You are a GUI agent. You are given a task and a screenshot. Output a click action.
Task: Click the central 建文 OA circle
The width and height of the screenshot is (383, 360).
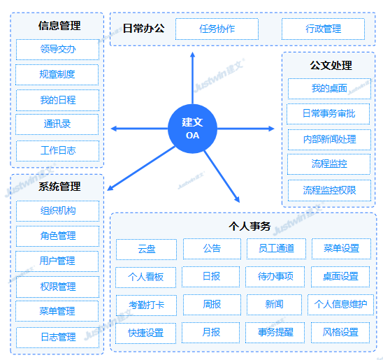pos(192,129)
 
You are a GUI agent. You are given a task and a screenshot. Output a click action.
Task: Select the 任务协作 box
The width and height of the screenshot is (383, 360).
pos(217,29)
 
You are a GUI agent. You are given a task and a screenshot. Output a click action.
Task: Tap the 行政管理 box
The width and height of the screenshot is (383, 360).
pos(323,29)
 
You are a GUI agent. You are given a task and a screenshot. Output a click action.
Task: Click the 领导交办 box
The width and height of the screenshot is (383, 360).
pos(57,50)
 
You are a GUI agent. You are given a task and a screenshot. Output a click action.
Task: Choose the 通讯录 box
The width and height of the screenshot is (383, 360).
pos(57,124)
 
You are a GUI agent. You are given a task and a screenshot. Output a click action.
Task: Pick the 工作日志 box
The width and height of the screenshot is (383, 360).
pos(57,151)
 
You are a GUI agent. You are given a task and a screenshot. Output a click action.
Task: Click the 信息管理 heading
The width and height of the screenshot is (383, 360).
pos(59,26)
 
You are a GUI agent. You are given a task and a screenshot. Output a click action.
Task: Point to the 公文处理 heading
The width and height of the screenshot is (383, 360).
pos(331,66)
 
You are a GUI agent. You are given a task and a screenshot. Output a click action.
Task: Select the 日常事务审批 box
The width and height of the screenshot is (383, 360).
pos(328,114)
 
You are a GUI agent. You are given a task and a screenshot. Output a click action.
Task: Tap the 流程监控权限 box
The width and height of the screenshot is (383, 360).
pos(329,191)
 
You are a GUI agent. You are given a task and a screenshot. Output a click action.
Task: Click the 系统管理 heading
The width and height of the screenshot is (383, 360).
pos(59,187)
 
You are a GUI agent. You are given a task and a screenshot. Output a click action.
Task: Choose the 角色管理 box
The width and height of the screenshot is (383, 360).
pos(57,236)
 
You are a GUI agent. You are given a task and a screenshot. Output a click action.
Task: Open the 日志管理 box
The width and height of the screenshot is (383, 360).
pos(57,338)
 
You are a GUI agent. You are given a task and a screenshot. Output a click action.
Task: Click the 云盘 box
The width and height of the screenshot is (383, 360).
pos(146,250)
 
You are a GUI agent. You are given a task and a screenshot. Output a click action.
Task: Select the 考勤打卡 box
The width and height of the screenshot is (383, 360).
pos(146,305)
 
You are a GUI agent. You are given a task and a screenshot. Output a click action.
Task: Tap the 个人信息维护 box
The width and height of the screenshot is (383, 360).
pos(341,305)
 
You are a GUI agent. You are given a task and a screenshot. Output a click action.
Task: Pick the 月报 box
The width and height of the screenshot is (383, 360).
pos(211,333)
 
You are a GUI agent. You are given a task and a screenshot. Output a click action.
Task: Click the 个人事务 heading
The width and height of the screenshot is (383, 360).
pos(250,226)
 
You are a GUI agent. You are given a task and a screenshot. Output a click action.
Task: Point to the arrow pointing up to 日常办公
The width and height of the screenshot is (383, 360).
pos(192,78)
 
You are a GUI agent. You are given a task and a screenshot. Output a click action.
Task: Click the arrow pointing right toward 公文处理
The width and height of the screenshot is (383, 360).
pos(246,129)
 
